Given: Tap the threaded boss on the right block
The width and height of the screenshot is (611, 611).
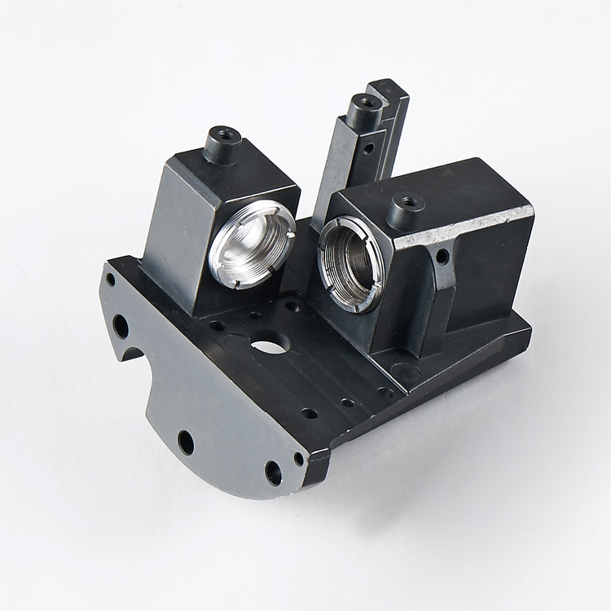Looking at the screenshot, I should click(406, 211).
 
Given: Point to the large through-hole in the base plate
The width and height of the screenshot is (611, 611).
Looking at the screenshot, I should click(270, 345).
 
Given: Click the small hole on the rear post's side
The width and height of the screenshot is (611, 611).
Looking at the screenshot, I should click(368, 148).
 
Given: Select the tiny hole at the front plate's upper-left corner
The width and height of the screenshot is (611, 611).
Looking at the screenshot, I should click(111, 279).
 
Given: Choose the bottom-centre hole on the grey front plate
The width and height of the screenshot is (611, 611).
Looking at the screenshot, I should click(186, 442).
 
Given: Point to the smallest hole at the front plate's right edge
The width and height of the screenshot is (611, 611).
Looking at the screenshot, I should click(299, 459).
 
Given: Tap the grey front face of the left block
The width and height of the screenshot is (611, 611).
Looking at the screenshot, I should click(175, 236).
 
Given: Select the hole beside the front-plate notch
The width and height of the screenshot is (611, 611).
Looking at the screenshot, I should click(121, 326).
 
